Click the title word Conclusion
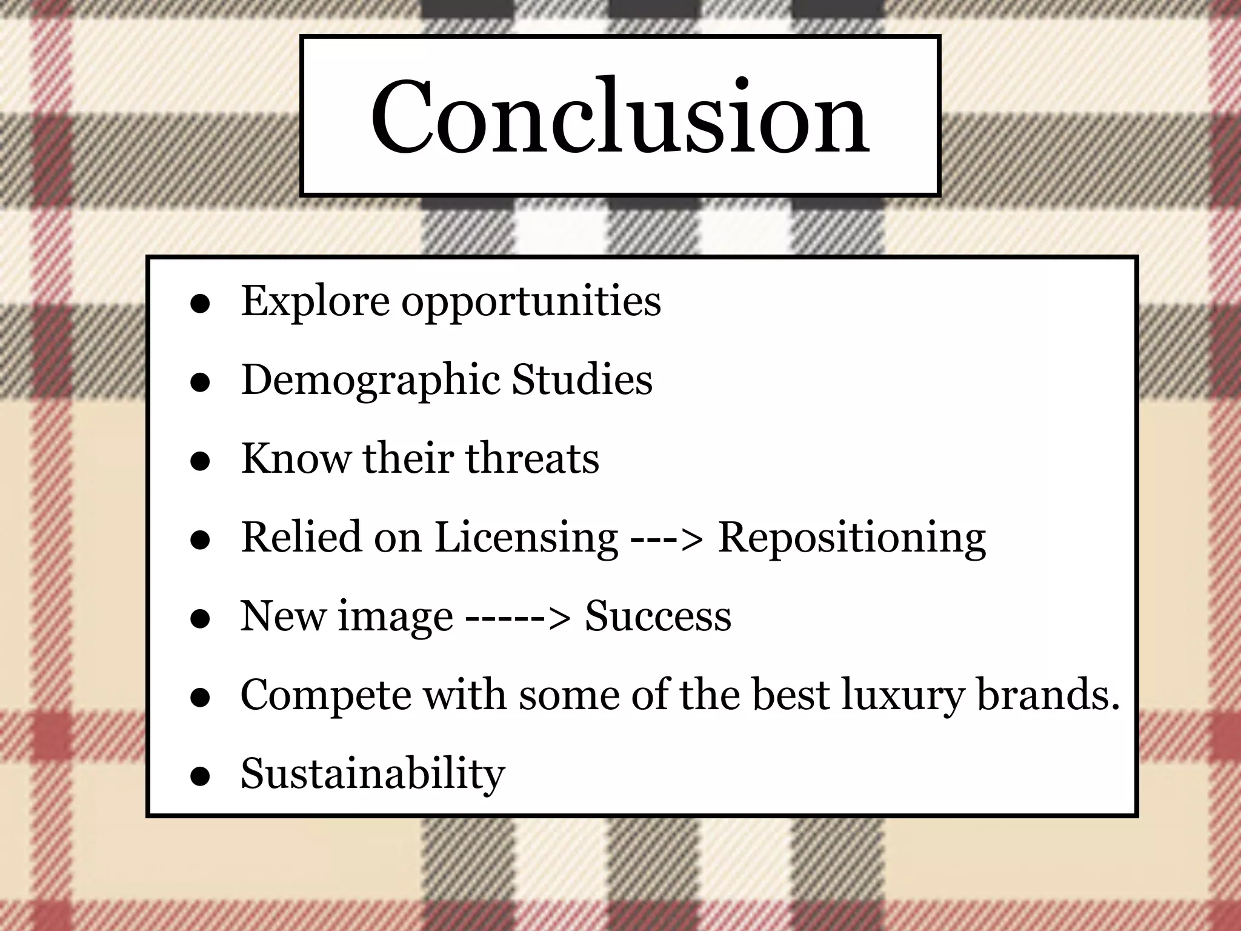[620, 117]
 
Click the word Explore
[315, 301]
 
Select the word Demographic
[370, 381]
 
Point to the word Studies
[582, 379]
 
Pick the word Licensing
[526, 538]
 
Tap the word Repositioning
[851, 538]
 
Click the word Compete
[326, 695]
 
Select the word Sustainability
[373, 774]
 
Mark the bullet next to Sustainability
[200, 776]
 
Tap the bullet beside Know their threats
[200, 461]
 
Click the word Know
[295, 458]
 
